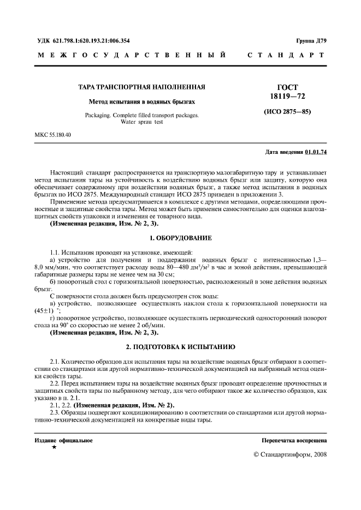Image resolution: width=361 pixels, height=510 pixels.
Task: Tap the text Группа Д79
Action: click(x=311, y=41)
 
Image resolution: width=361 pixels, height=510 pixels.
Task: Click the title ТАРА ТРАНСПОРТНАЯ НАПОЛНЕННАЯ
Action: click(x=143, y=87)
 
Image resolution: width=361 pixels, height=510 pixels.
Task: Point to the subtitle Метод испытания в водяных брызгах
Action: click(x=142, y=102)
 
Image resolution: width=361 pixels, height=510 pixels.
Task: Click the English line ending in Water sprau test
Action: click(x=142, y=122)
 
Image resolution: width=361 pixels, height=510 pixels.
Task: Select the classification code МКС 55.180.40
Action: click(x=53, y=135)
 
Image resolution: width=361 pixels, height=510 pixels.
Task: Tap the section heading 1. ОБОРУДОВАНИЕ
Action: click(x=180, y=238)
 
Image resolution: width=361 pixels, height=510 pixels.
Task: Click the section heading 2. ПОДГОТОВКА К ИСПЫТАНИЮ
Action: click(x=180, y=346)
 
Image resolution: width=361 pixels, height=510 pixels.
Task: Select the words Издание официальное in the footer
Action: click(x=63, y=440)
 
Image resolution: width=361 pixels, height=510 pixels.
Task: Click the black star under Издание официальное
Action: click(x=54, y=447)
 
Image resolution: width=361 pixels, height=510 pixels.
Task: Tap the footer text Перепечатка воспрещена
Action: click(x=294, y=440)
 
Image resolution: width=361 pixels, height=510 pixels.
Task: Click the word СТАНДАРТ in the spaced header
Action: click(x=286, y=55)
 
